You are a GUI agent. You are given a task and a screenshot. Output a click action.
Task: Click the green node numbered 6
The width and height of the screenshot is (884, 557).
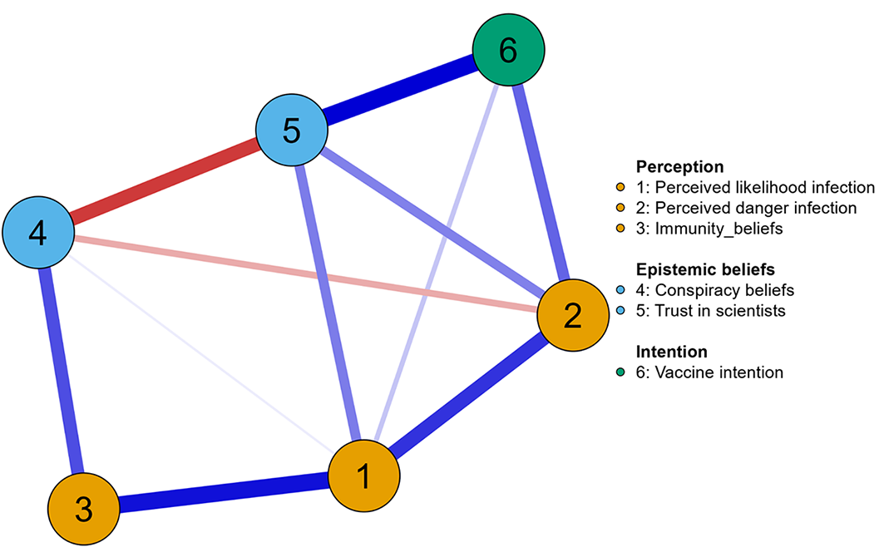(x=508, y=50)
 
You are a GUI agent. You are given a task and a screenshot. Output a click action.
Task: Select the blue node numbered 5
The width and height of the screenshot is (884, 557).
(x=291, y=130)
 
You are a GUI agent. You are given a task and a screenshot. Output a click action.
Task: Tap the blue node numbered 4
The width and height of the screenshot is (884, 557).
(x=38, y=232)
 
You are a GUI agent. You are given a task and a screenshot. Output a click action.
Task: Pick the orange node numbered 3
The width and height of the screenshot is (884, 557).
(x=83, y=509)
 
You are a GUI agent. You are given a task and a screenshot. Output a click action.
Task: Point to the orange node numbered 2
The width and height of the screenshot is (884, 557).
(x=573, y=315)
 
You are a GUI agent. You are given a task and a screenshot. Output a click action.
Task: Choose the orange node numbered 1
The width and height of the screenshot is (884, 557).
(x=363, y=476)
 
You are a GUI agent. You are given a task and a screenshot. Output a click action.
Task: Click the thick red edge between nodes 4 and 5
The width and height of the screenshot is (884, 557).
(x=165, y=181)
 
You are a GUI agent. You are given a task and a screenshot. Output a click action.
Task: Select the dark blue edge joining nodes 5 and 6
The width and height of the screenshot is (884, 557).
(x=400, y=90)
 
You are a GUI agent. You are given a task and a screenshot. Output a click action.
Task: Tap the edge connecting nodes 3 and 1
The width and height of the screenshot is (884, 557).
(x=224, y=492)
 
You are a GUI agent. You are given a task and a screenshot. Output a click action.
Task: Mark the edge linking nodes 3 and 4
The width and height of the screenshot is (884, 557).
(x=61, y=371)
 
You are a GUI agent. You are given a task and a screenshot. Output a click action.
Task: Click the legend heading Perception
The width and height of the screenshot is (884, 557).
(x=679, y=167)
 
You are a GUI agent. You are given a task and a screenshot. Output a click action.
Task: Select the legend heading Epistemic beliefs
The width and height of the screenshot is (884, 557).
(x=705, y=269)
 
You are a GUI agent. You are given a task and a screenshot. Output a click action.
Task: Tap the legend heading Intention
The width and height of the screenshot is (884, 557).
(x=671, y=352)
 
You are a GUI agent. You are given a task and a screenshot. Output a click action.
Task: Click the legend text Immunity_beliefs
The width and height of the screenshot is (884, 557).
(x=719, y=229)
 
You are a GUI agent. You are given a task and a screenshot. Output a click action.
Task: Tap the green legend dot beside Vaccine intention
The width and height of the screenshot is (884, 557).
(x=620, y=372)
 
